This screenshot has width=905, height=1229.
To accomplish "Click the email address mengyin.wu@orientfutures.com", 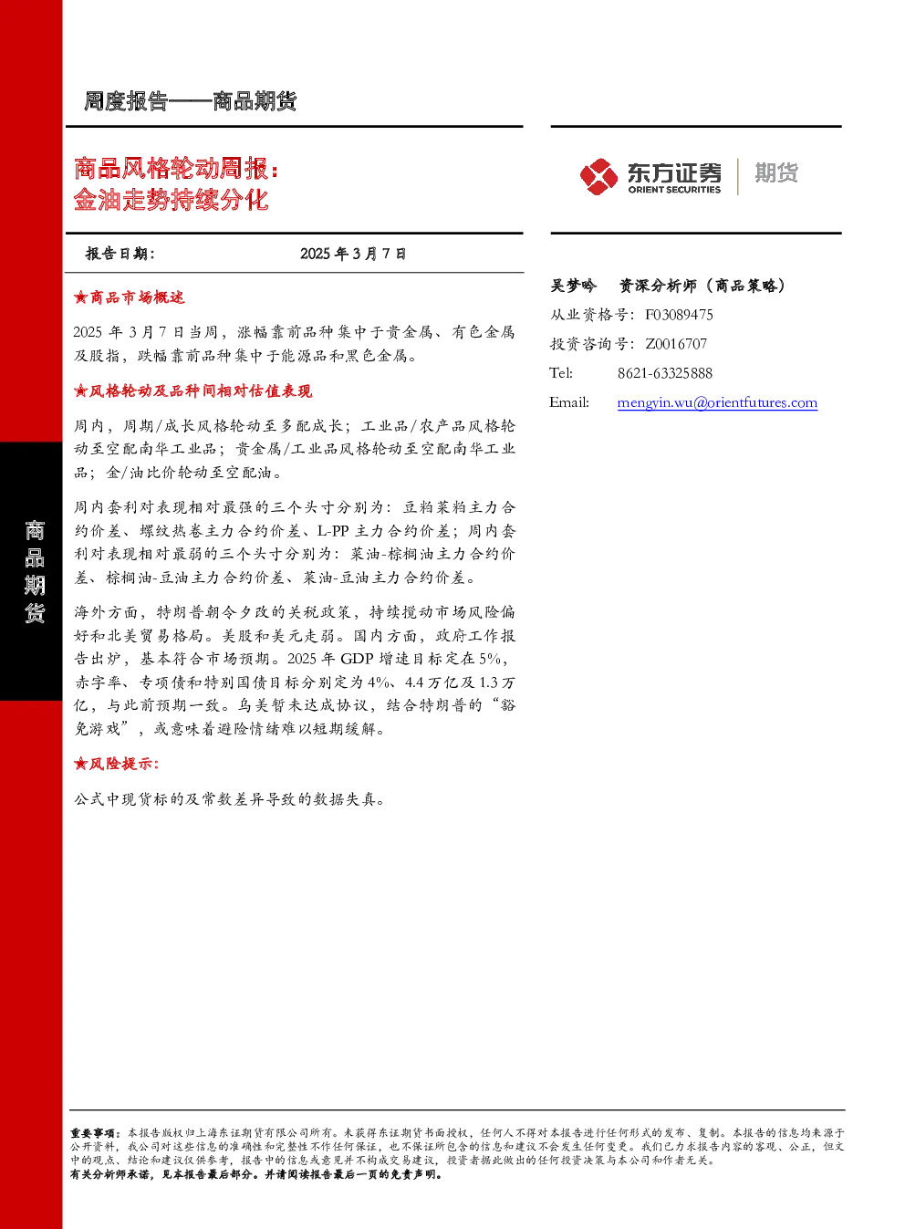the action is (717, 402).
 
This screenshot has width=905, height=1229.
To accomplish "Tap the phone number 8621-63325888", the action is (665, 373).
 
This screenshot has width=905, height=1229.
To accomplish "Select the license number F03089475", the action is (679, 315).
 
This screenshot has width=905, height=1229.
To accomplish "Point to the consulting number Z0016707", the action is (676, 343).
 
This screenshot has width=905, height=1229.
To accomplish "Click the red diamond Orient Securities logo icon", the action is (598, 176).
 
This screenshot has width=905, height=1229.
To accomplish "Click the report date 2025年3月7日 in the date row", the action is (353, 254).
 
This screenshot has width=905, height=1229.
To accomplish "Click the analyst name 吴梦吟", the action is (573, 286).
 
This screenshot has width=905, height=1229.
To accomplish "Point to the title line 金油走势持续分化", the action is (171, 199).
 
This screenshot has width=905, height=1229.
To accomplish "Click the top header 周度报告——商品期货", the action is (190, 101).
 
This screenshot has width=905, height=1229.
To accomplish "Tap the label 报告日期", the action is (120, 254).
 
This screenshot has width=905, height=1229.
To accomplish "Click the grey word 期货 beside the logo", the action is (776, 172).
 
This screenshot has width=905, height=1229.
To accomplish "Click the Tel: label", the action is (560, 373).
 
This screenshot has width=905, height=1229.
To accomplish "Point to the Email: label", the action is (568, 402).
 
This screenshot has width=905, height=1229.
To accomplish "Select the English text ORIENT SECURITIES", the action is (674, 189).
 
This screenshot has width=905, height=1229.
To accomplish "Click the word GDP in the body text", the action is (357, 659).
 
